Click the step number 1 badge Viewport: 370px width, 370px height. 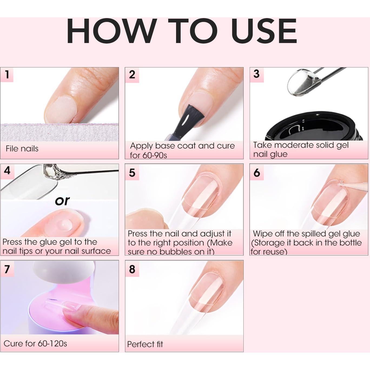coord(7,74)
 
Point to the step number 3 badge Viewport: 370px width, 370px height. coord(256,74)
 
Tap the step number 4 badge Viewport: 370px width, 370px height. coord(7,171)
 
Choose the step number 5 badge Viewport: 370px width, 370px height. coord(132,173)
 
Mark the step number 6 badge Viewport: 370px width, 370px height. coord(257,173)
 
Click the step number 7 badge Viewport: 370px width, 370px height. coord(7,269)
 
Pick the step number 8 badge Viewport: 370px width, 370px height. coord(132,269)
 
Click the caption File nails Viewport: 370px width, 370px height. coord(22,148)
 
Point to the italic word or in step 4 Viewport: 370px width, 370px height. coord(62,201)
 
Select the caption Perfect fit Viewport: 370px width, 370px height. coord(145,344)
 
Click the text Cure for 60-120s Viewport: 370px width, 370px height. coord(35,343)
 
